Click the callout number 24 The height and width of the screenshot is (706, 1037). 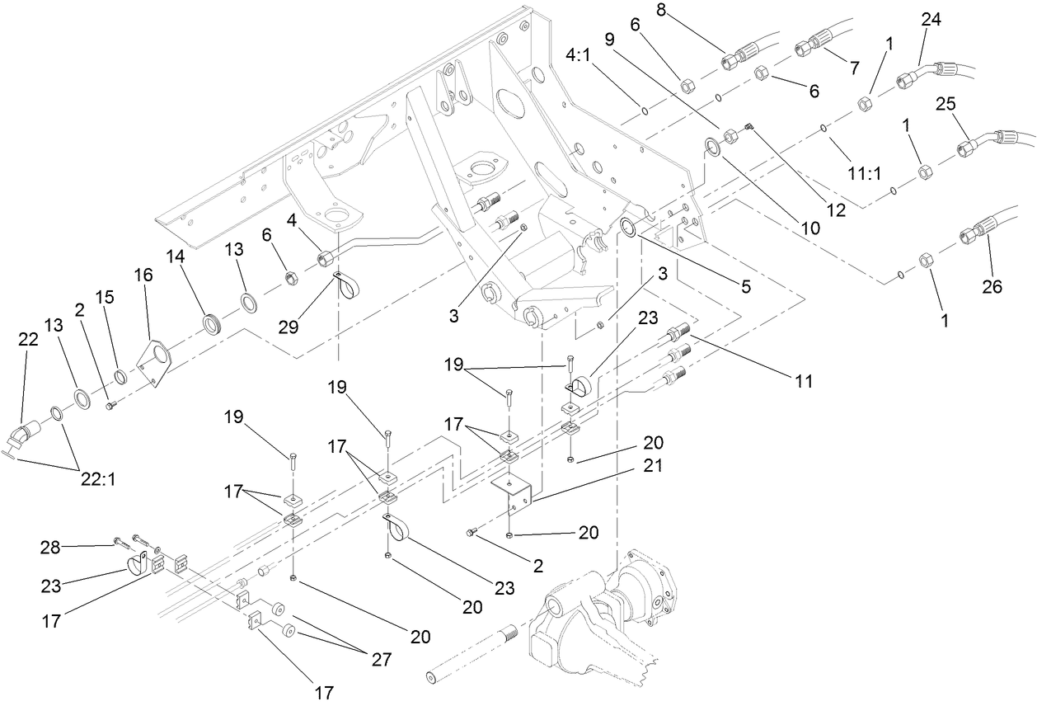pyautogui.click(x=931, y=19)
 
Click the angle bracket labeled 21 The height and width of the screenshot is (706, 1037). pyautogui.click(x=512, y=491)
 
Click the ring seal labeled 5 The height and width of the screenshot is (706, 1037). pyautogui.click(x=631, y=228)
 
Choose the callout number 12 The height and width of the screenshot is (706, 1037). pyautogui.click(x=836, y=210)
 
